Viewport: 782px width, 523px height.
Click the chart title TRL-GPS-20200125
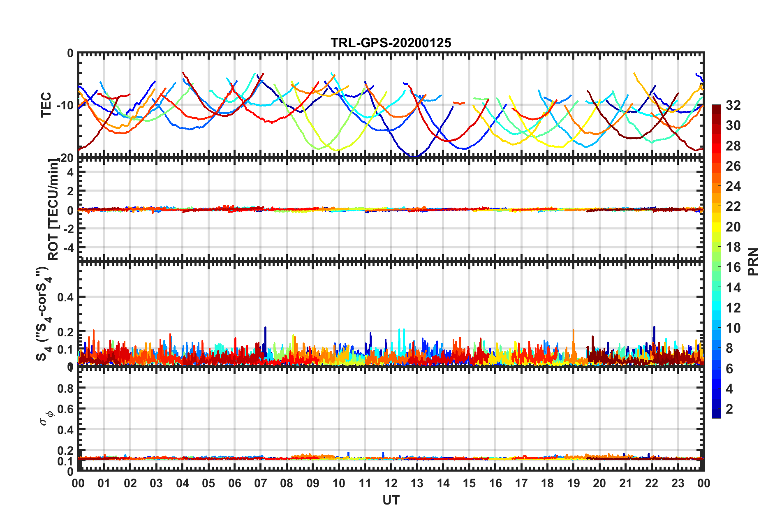pyautogui.click(x=391, y=43)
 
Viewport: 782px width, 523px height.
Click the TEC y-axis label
pyautogui.click(x=46, y=104)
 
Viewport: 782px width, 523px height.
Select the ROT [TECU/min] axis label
pyautogui.click(x=53, y=209)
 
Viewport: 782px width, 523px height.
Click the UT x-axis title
pyautogui.click(x=391, y=500)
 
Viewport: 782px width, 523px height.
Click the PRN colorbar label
pyautogui.click(x=753, y=261)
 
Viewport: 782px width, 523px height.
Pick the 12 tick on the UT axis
pyautogui.click(x=391, y=483)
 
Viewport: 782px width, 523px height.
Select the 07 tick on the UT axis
pyautogui.click(x=261, y=483)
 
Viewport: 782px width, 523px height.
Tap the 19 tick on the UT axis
pyautogui.click(x=574, y=483)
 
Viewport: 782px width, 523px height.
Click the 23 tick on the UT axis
pyautogui.click(x=678, y=483)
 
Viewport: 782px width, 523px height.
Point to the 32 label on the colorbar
pyautogui.click(x=733, y=105)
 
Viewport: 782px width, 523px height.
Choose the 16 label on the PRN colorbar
pyautogui.click(x=733, y=267)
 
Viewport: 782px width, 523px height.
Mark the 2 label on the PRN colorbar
pyautogui.click(x=729, y=409)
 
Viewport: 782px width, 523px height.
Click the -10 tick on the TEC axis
pyautogui.click(x=65, y=105)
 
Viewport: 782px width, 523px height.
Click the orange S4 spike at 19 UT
pyautogui.click(x=574, y=331)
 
